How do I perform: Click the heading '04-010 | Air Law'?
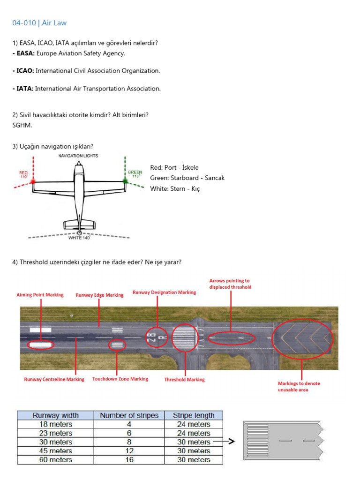[x=39, y=23]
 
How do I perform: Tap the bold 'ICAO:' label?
[x=23, y=71]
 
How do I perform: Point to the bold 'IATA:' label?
[x=23, y=89]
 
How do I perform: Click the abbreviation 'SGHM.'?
[x=22, y=125]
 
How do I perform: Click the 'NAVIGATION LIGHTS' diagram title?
[x=78, y=156]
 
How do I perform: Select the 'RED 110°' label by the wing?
[x=23, y=175]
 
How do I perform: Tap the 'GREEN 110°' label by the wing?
[x=135, y=174]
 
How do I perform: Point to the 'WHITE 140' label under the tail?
[x=79, y=238]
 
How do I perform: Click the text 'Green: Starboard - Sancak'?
[x=187, y=178]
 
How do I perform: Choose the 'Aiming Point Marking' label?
[x=40, y=295]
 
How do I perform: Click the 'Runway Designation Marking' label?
[x=164, y=292]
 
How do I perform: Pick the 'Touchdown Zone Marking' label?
[x=120, y=379]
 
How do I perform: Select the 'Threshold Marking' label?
[x=184, y=380]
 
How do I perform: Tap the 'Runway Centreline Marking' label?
[x=54, y=379]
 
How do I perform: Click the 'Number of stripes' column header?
[x=129, y=415]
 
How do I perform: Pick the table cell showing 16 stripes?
[x=129, y=460]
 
